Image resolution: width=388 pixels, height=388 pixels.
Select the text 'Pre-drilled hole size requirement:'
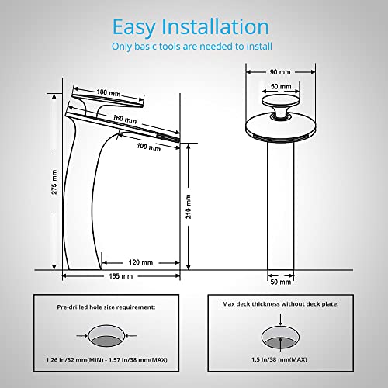pyautogui.click(x=106, y=308)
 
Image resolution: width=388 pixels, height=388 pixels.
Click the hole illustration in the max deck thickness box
pyautogui.click(x=279, y=335)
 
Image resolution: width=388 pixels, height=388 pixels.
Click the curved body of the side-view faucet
pyautogui.click(x=81, y=202)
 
